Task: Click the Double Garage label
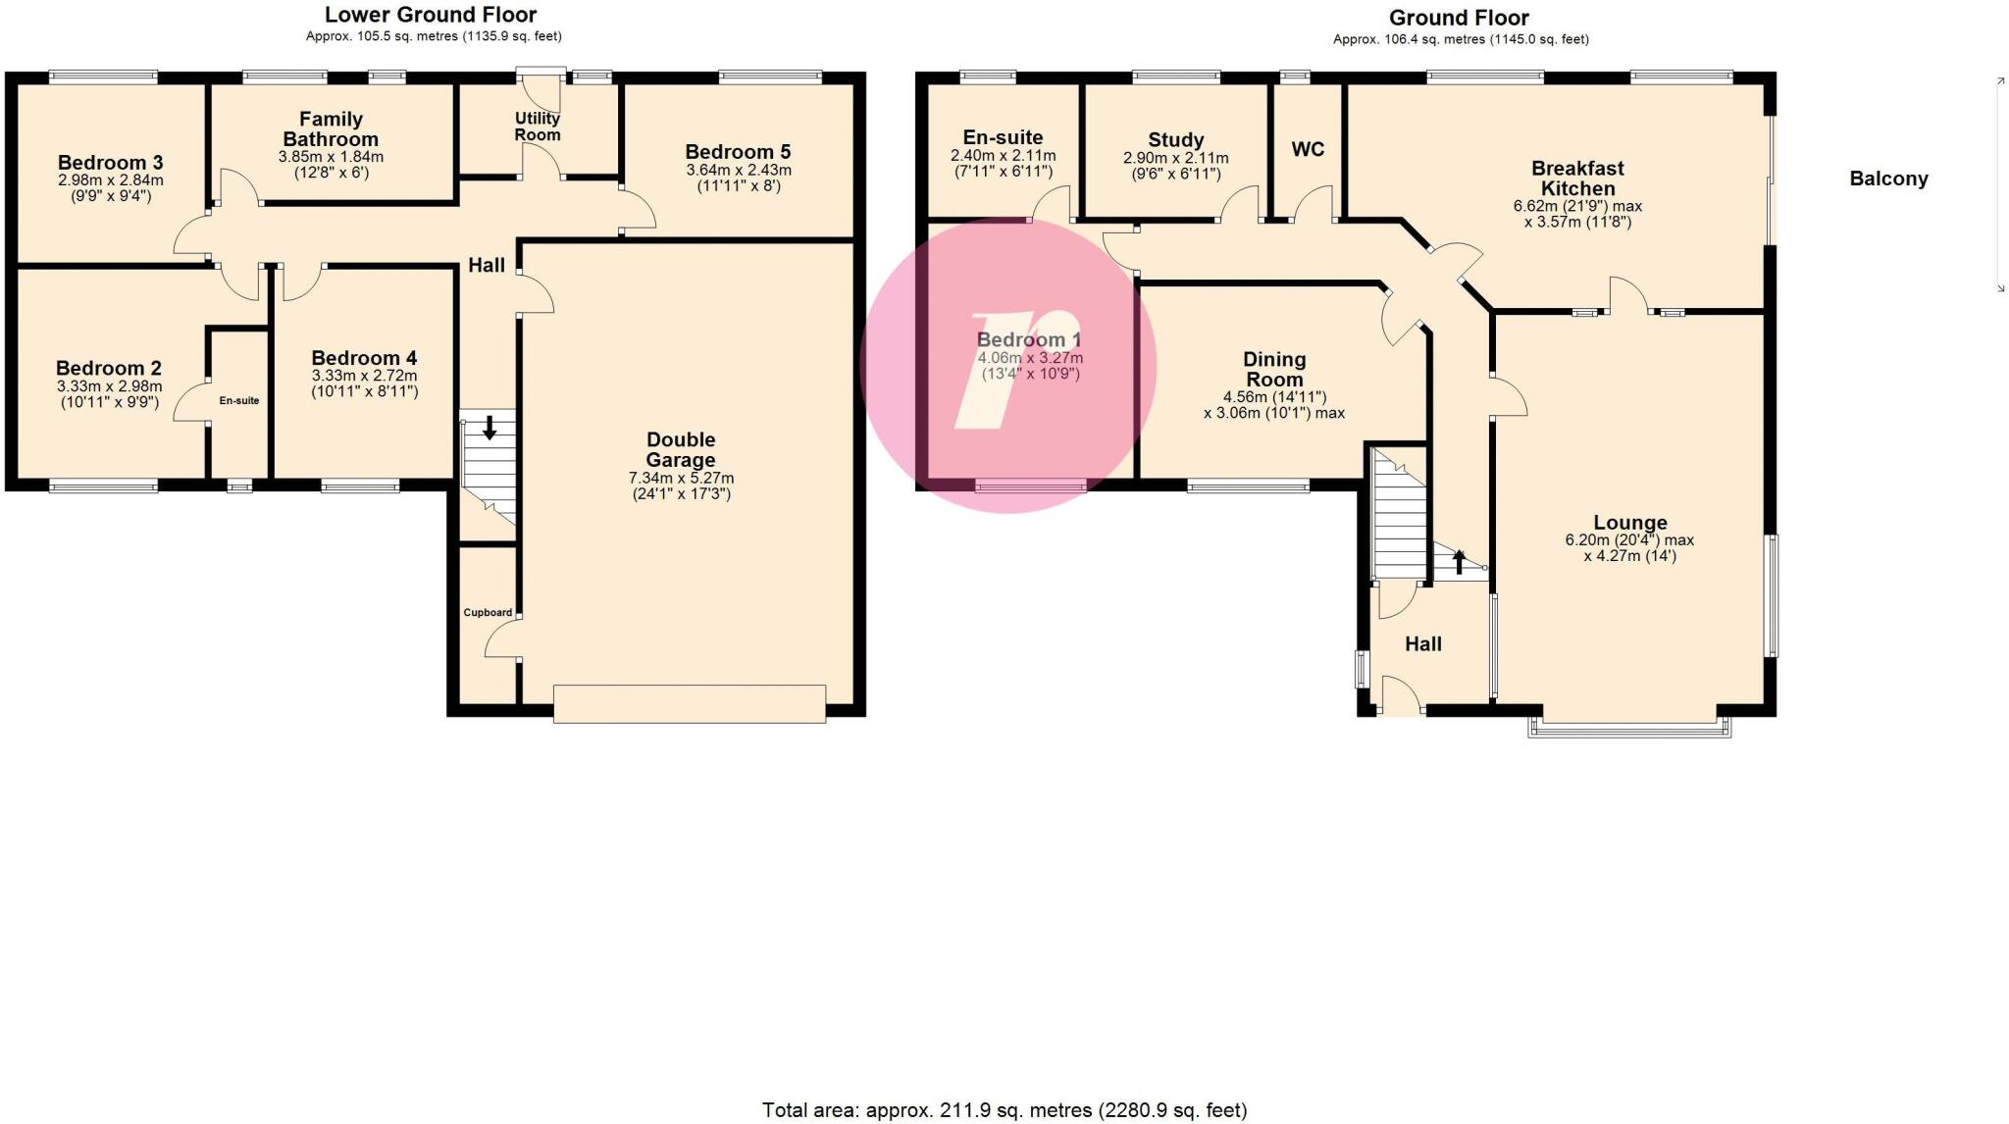pos(681,449)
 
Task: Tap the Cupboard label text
pos(488,613)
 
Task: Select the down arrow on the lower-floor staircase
pos(489,428)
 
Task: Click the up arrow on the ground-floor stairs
pos(1459,562)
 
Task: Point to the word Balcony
pos(1888,179)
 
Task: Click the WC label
pos(1308,149)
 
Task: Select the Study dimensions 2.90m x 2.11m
pos(1175,158)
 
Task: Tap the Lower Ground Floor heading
pos(431,15)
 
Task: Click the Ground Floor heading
pos(1459,18)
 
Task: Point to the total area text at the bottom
pos(1004,1110)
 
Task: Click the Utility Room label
pos(538,127)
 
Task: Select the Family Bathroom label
pos(331,129)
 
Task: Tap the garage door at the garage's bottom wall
pos(689,704)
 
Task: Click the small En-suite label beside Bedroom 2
pos(239,400)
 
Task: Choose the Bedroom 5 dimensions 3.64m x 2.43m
pos(738,170)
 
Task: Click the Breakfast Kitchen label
pos(1577,179)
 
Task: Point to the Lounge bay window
pos(1629,727)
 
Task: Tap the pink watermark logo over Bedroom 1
pos(1008,365)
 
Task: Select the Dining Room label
pos(1274,370)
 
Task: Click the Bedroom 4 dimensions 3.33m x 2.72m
pos(364,376)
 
